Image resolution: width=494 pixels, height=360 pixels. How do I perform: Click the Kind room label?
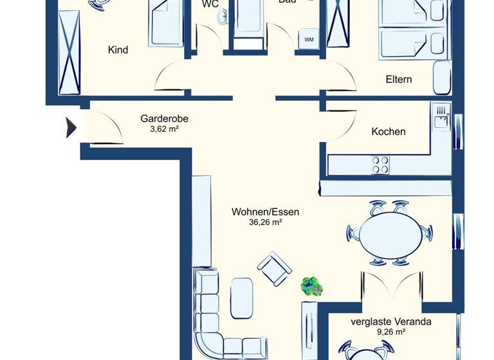point(118,50)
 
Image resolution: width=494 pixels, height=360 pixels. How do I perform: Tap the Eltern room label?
point(398,80)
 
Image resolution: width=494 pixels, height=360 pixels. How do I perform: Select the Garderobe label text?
point(164,118)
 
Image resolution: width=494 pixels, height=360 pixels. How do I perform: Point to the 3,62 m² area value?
point(164,129)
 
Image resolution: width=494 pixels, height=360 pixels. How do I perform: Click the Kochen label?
point(389,131)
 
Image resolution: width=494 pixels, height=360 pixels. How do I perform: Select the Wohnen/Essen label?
point(265,212)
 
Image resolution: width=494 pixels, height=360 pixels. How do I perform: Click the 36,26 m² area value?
point(265,222)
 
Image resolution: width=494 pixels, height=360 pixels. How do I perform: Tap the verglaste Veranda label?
point(390,321)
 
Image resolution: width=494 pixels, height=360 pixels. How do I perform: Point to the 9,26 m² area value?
point(390,332)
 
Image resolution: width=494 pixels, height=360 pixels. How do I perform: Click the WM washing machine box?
point(309,40)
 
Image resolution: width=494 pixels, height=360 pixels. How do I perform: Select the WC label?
point(210,3)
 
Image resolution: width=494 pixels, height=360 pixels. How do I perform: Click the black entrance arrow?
point(71,127)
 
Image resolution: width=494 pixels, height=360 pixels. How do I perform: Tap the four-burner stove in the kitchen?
point(380,165)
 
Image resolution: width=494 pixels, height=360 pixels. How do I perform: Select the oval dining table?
point(386,233)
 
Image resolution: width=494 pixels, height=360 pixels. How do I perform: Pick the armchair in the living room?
point(274,268)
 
